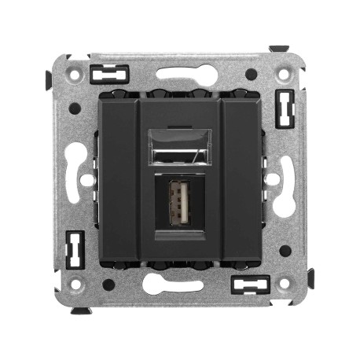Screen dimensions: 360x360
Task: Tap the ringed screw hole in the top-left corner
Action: (75, 76)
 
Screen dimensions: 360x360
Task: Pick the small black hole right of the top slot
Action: (251, 75)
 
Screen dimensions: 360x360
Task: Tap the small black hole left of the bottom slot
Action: (108, 285)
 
